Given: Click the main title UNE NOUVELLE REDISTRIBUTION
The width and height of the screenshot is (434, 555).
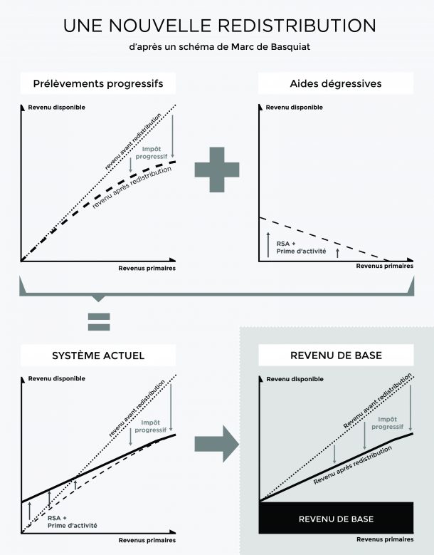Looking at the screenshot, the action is [219, 26].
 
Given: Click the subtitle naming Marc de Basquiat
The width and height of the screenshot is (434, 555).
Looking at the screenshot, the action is [219, 47].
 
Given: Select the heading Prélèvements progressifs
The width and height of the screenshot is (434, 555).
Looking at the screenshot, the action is [98, 83].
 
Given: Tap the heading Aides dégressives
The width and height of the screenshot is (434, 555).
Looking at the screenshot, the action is [336, 83].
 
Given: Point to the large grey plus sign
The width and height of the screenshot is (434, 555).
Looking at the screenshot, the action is [217, 170].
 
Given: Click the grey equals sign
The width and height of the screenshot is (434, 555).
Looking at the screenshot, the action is [99, 322].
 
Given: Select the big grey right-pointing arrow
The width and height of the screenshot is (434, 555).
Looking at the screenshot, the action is [217, 444].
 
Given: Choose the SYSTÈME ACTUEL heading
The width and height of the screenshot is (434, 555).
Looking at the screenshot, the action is [98, 356].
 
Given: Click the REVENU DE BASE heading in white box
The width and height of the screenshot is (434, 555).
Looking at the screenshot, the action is [336, 355].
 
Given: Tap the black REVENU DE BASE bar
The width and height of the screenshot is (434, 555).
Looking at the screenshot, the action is [336, 517].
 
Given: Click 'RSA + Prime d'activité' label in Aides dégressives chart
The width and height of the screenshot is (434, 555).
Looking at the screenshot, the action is [301, 247].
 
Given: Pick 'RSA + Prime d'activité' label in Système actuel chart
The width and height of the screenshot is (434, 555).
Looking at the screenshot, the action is [72, 522].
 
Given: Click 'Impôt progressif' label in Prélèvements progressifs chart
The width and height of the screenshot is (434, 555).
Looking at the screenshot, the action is [152, 152].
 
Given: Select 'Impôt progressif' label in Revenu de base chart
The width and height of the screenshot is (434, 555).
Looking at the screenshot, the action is [387, 423].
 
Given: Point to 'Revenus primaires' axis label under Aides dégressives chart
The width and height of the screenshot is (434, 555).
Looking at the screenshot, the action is [384, 266].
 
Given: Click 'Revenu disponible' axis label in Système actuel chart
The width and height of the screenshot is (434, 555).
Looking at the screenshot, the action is [56, 378].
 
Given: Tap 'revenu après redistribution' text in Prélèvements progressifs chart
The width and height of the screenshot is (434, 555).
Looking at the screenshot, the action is [132, 187].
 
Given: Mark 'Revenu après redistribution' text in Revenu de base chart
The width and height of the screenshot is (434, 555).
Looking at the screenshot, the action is [353, 465].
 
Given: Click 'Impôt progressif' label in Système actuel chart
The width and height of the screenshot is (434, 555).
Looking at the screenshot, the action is [151, 426].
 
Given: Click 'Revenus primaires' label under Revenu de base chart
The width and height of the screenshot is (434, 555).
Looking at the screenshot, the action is [385, 539].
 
